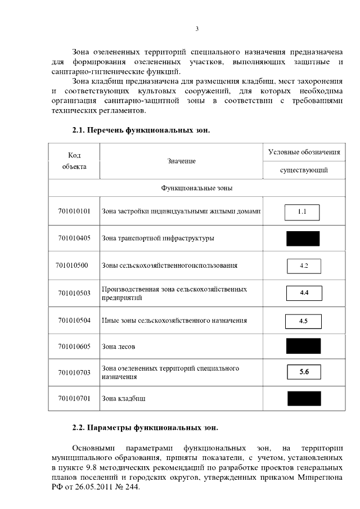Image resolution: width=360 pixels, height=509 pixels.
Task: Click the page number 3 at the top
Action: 197,29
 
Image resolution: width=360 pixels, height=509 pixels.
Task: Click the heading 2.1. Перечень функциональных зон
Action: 141,130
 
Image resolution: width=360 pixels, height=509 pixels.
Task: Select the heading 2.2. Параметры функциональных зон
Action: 145,427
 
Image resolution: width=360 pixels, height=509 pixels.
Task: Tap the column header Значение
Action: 181,161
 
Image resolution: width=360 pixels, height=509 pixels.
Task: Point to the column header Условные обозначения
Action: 304,152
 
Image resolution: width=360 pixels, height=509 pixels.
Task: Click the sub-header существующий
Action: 304,170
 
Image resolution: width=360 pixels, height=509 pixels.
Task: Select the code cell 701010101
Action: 74,211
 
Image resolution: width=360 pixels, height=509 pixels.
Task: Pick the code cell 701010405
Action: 74,238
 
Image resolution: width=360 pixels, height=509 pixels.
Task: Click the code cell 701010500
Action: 72,265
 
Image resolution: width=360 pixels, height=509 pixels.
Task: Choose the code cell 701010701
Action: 74,398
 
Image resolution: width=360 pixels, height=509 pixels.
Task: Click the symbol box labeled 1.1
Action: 302,212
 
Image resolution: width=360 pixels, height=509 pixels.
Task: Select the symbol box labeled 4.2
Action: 303,265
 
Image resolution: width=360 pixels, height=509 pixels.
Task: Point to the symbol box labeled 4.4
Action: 304,293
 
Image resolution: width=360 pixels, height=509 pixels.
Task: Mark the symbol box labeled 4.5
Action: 303,321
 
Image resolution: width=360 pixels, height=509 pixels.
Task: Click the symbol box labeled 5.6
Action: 304,372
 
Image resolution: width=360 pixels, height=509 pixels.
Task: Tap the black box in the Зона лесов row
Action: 303,346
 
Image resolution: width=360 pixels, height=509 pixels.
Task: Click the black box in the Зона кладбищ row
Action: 303,398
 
